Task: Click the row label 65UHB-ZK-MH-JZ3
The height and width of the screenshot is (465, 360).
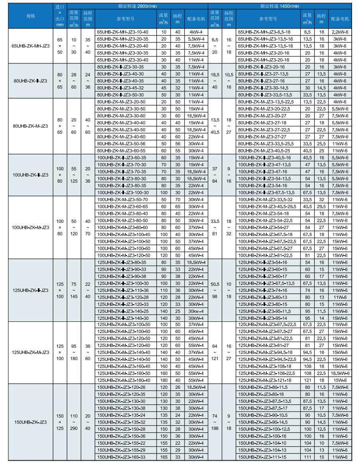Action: click(30, 45)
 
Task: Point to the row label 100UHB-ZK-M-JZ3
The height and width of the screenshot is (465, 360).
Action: click(30, 227)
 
